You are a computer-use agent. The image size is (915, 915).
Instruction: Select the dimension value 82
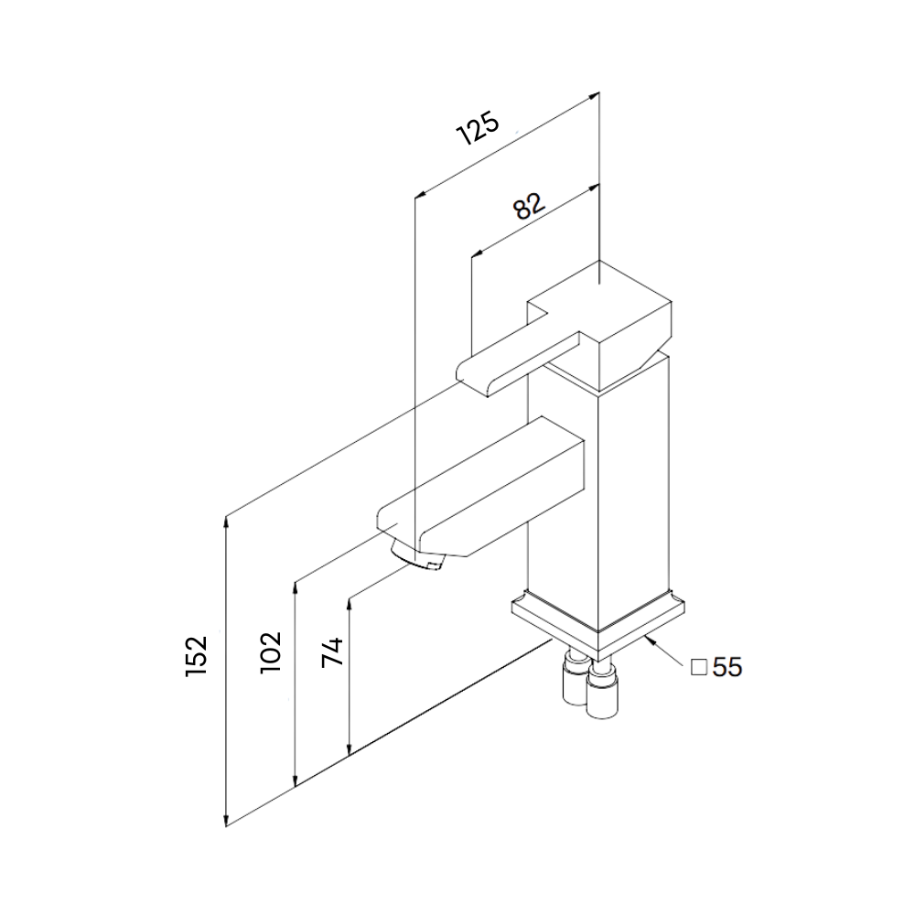[x=529, y=206]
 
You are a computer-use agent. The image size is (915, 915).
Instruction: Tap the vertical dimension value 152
[x=197, y=655]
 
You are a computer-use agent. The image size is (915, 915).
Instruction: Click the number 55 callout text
[x=727, y=668]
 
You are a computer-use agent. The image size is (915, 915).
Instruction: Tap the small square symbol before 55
[x=699, y=668]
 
